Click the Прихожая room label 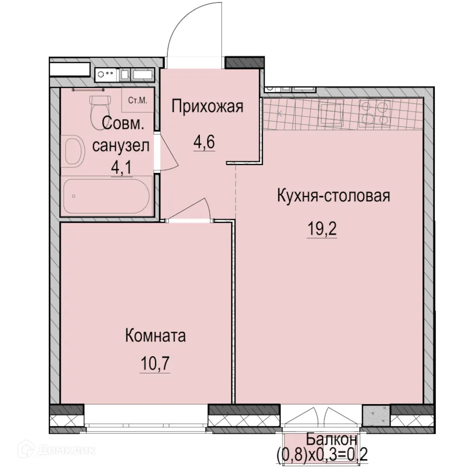(x=207, y=107)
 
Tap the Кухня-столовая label (x=333, y=195)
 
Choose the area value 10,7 (x=154, y=363)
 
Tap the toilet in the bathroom (x=100, y=104)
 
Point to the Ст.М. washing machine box (x=137, y=100)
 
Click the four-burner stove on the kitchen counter (x=375, y=113)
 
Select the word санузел (x=121, y=146)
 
